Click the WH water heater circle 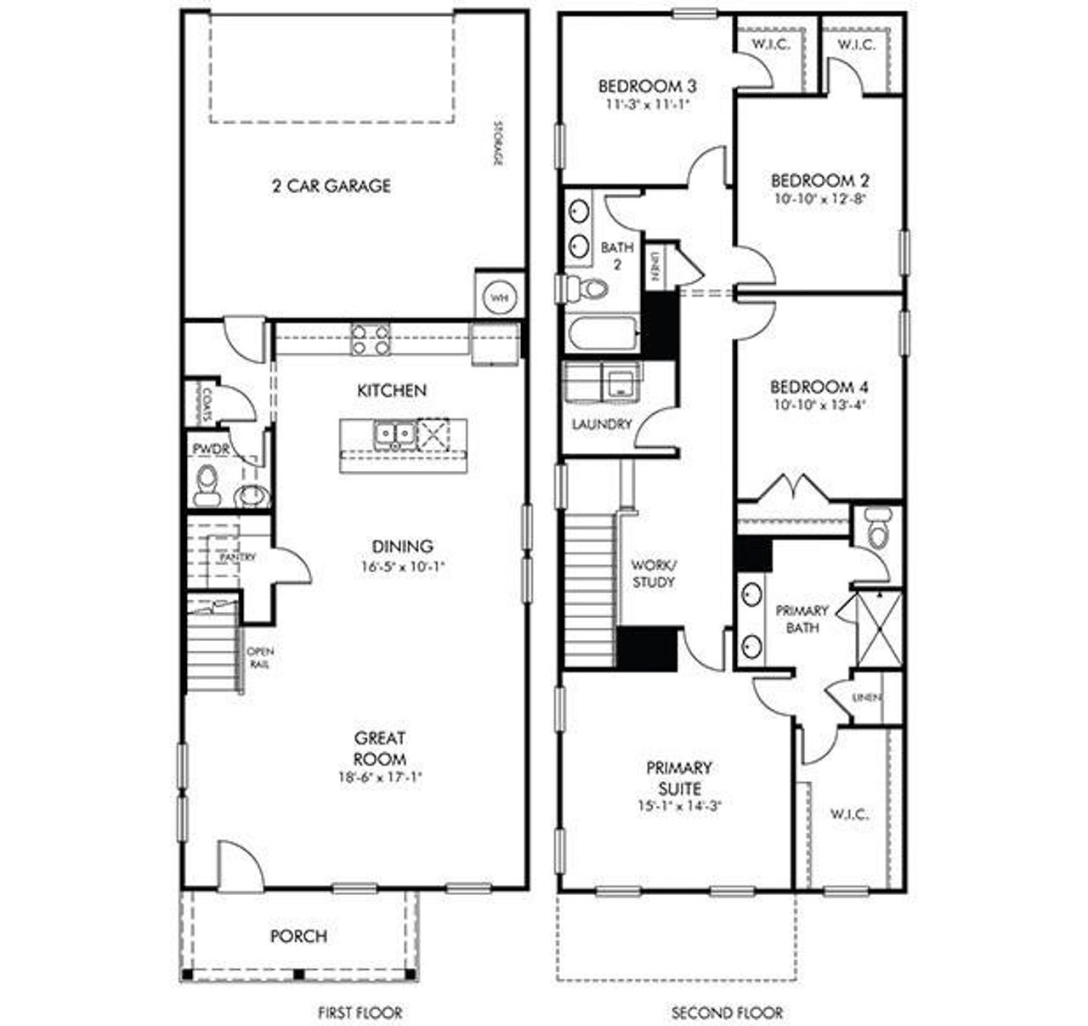[x=499, y=298]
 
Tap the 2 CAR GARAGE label [x=331, y=185]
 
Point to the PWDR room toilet [x=207, y=485]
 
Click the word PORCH [x=298, y=936]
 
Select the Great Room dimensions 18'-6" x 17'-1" [x=380, y=777]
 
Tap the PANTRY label [x=238, y=558]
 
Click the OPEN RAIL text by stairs [x=259, y=658]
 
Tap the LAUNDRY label [x=602, y=424]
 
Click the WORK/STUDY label [x=654, y=574]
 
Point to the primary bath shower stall [x=879, y=629]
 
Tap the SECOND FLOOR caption [x=728, y=1012]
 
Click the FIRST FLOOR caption [x=360, y=1012]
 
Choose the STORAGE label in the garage [x=499, y=145]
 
